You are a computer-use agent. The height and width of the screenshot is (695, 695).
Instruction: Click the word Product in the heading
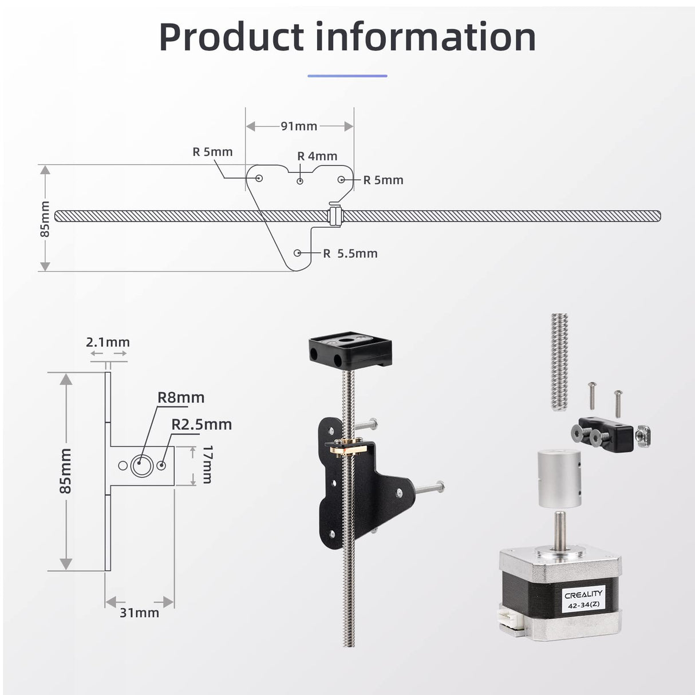click(231, 37)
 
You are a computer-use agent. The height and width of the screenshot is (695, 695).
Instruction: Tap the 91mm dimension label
click(299, 126)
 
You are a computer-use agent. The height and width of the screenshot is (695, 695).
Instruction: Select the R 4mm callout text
click(317, 156)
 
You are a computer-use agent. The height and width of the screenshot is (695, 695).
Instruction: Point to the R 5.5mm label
click(350, 253)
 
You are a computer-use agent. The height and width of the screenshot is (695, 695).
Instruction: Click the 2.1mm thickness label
click(108, 342)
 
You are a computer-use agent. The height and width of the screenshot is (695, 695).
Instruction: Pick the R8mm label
click(181, 397)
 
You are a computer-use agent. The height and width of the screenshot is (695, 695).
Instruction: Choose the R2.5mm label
click(202, 424)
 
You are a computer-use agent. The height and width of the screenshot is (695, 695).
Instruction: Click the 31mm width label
click(139, 612)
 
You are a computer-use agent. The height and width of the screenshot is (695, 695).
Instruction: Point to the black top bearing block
click(350, 351)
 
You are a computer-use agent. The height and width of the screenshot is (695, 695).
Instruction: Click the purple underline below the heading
click(347, 76)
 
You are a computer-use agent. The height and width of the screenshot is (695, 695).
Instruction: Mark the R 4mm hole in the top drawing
click(300, 180)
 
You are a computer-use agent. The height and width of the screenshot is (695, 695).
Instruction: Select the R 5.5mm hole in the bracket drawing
click(298, 252)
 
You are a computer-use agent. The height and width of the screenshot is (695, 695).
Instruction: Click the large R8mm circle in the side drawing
click(140, 465)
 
